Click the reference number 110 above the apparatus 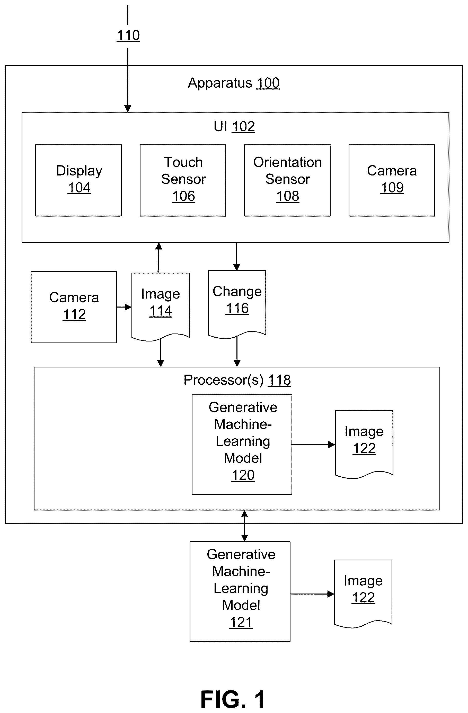coord(128,35)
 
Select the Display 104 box coord(78,180)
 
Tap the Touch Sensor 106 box coord(183,180)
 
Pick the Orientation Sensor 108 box coord(287,180)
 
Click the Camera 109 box coord(392,180)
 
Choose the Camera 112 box coord(74,307)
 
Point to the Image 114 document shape coord(161,307)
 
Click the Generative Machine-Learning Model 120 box coord(242,445)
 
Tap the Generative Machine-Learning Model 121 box coord(240,592)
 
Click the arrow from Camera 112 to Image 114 coord(124,307)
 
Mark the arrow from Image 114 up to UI coord(158,258)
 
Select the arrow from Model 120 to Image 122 coord(313,445)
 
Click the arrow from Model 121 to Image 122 coord(312,594)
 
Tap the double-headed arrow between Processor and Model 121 coord(244,526)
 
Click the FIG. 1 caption coord(233,699)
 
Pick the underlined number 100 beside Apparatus coord(268,83)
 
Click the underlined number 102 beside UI coord(243,127)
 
